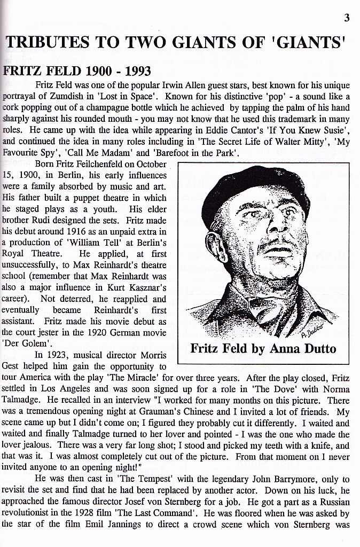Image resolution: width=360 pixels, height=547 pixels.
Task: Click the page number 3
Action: click(347, 19)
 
